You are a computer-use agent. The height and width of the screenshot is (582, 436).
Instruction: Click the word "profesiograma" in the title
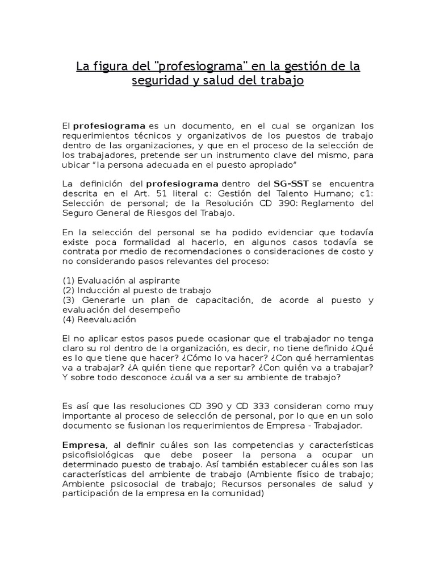[187, 67]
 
